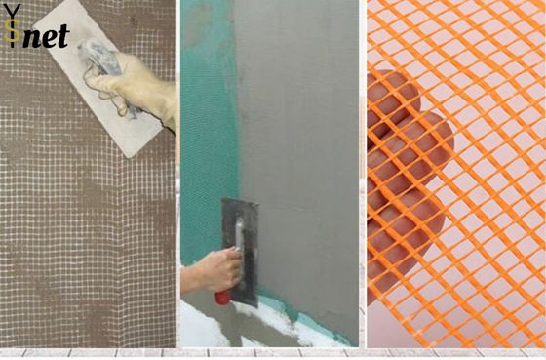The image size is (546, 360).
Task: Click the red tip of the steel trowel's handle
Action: (221, 296)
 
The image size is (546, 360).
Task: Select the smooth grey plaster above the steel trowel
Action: (292, 107)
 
